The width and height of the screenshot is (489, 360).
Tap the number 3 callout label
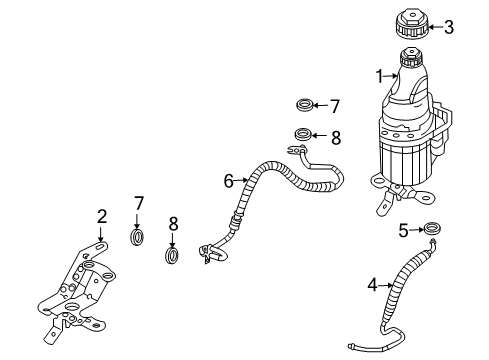pos(449,27)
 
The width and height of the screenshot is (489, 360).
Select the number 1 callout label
pos(380,76)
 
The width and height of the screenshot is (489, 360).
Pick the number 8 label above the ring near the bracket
pos(172,224)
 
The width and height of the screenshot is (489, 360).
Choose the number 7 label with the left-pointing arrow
pos(335,105)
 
